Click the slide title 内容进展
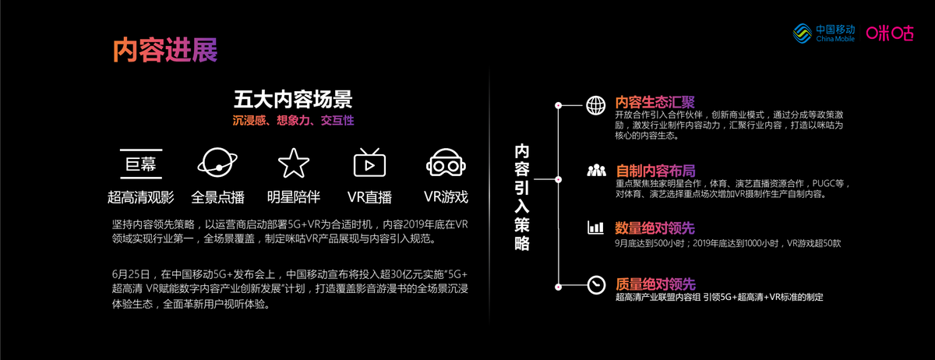point(164,49)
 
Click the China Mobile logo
point(823,34)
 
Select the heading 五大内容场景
point(292,100)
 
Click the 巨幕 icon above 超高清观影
point(140,163)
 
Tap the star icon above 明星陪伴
point(293,163)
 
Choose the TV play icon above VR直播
point(369,163)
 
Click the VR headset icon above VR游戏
point(446,163)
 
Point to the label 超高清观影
point(140,196)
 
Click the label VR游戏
point(446,196)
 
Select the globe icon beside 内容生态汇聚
point(595,104)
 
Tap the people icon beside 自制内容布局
point(597,170)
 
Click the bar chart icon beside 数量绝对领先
point(596,228)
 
